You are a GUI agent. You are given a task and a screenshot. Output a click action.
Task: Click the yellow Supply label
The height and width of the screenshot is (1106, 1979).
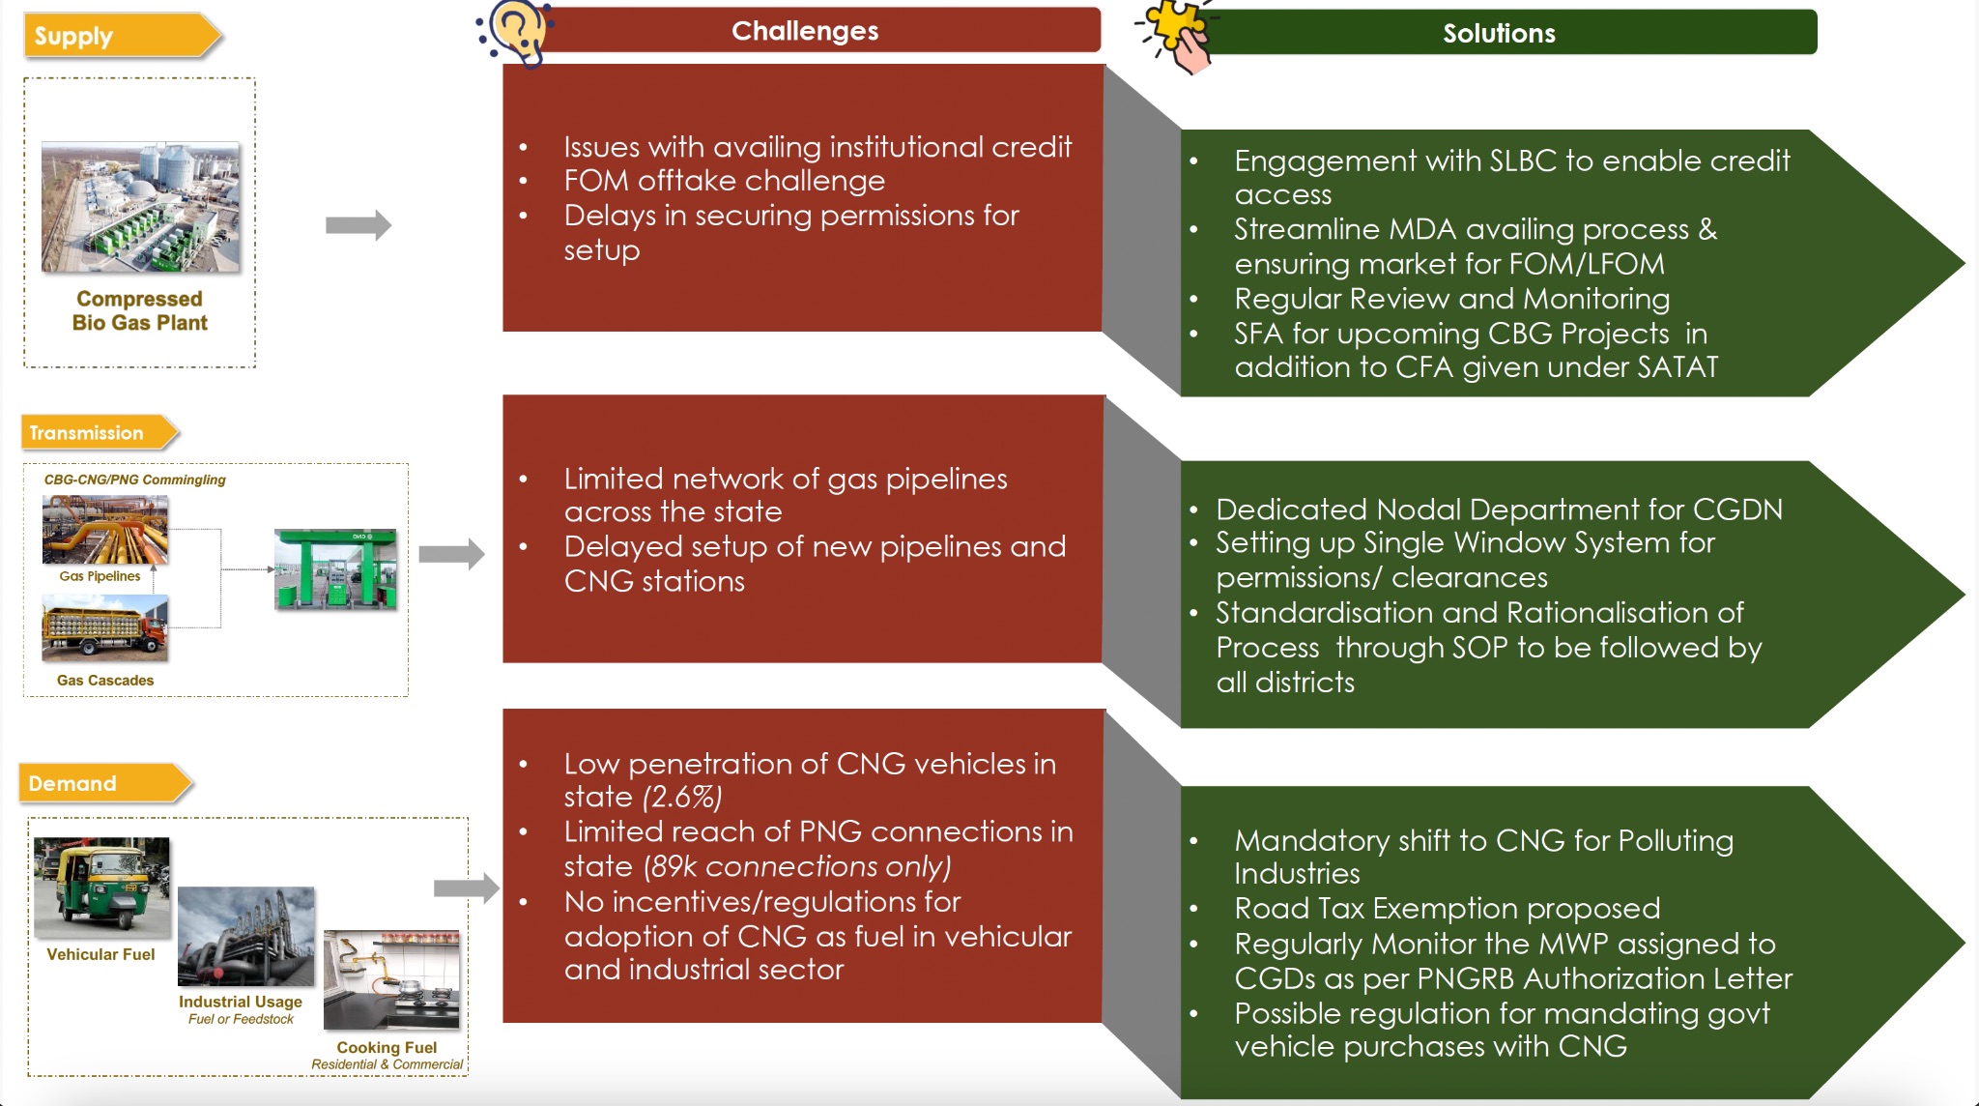(x=116, y=36)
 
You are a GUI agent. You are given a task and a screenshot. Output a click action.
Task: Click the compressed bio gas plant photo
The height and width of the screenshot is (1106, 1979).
(x=141, y=207)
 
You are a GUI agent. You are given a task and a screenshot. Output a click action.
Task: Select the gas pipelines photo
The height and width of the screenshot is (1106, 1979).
(x=105, y=530)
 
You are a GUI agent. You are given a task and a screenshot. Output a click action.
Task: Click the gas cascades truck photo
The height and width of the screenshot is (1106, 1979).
(x=105, y=628)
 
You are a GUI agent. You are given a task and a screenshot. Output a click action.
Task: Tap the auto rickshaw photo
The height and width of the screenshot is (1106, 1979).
(x=101, y=888)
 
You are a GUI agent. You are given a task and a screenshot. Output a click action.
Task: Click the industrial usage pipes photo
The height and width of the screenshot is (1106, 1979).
(x=246, y=936)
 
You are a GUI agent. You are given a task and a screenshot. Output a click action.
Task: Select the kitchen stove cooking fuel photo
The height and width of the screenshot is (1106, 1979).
(x=391, y=980)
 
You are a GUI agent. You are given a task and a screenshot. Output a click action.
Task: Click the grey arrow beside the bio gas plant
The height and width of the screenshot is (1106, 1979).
(x=358, y=225)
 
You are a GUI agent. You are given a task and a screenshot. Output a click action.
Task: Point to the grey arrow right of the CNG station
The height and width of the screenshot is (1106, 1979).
(x=450, y=554)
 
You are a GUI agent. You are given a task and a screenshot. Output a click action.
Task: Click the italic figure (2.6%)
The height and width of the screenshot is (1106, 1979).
(x=682, y=798)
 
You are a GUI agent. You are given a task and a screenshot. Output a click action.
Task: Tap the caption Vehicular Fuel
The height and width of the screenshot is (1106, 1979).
(x=100, y=954)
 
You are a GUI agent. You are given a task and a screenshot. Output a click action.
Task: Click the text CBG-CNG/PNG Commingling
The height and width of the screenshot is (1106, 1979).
(x=134, y=480)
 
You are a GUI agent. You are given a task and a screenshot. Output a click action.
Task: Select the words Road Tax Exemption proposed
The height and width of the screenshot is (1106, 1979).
(x=1447, y=909)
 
